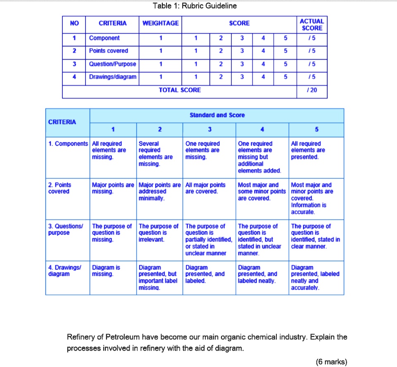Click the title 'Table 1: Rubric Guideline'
tap(195, 6)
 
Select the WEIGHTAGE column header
tap(160, 24)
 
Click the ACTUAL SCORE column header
tap(312, 24)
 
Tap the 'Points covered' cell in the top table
tap(109, 51)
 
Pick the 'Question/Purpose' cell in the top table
tap(112, 64)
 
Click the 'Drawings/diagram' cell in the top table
tap(112, 77)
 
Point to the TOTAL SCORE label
tap(180, 90)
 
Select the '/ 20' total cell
tap(312, 90)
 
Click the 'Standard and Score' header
tap(217, 115)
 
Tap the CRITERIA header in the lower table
tap(62, 122)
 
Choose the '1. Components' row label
tap(68, 144)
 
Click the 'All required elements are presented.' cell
tap(308, 150)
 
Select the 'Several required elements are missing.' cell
tap(156, 154)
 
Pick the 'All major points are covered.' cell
tap(206, 188)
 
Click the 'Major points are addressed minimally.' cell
tap(159, 192)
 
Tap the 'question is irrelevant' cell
tap(158, 233)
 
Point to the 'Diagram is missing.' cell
tap(106, 271)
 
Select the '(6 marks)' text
tap(331, 362)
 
